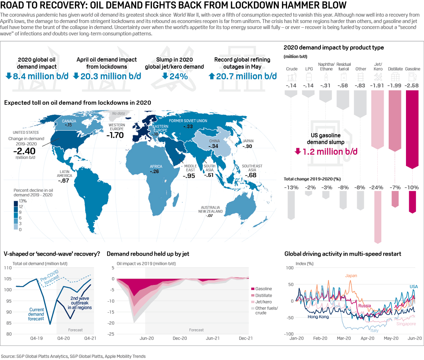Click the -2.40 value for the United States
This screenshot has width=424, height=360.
24,151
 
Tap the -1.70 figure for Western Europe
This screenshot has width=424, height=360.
116,135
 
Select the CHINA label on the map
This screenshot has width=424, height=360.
214,141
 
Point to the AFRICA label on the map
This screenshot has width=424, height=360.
156,166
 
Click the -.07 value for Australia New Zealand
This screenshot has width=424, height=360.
210,216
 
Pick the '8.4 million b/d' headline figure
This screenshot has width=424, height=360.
40,76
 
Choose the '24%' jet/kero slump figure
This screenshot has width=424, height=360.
178,76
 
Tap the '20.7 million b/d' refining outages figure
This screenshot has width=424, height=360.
246,76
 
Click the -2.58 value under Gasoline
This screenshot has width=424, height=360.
412,86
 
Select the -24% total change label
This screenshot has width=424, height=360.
377,187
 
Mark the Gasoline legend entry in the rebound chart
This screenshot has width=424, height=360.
263,289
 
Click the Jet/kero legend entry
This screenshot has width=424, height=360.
263,302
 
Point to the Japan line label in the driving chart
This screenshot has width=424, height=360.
351,276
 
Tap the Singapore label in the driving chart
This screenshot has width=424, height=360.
406,324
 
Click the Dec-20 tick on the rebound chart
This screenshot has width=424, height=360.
179,338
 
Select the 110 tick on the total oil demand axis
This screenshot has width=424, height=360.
8,268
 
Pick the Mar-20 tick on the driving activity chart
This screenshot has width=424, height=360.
344,338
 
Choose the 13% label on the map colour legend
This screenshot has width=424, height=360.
23,201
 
